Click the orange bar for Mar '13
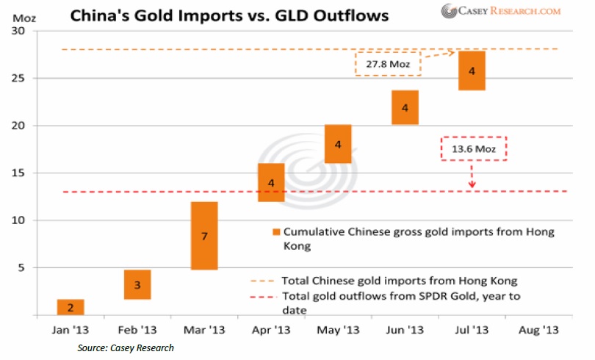tap(204, 235)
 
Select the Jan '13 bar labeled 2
tap(71, 307)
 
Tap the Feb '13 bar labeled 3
tap(137, 284)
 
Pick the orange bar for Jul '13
tap(471, 71)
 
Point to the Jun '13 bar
tap(404, 107)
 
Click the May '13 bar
tap(337, 144)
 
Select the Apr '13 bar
tap(271, 182)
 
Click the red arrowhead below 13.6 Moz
tap(472, 184)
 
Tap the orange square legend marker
tap(276, 231)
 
